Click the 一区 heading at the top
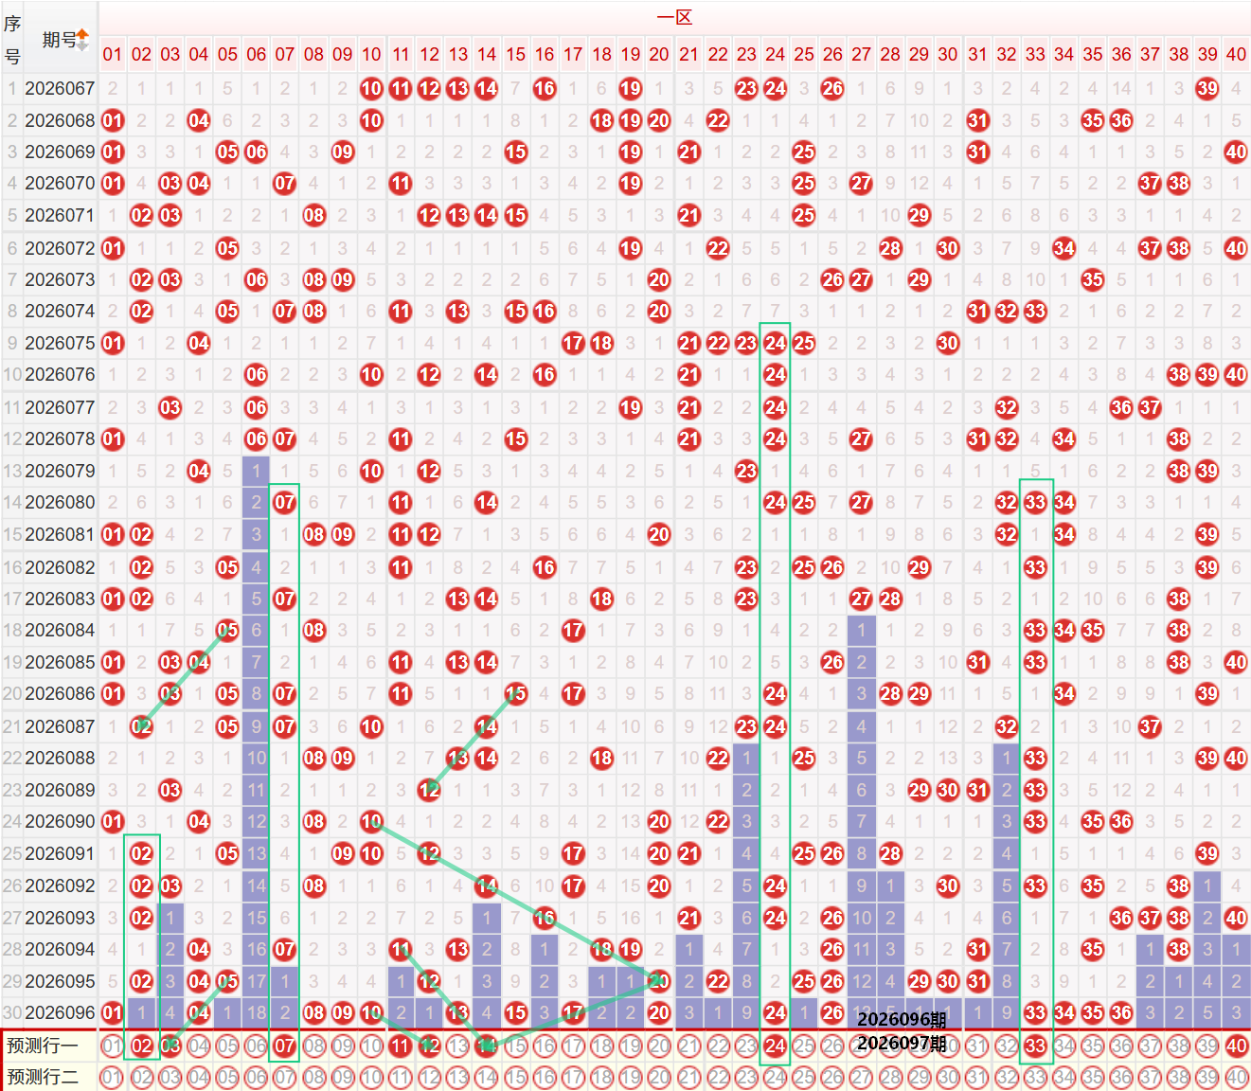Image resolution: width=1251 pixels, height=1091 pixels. coord(674,17)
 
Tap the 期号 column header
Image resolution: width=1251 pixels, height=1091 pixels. coord(59,40)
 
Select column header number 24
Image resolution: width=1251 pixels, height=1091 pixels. coord(775,54)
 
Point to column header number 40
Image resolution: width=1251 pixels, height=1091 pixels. coord(1235,54)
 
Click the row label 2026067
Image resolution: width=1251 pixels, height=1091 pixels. coord(60,88)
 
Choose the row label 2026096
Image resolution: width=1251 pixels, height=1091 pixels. coord(60,1012)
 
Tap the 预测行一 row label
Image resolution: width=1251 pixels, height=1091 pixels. coord(43,1046)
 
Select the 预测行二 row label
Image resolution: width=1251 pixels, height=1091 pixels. coord(43,1077)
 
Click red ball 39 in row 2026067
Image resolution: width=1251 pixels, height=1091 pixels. coord(1206,88)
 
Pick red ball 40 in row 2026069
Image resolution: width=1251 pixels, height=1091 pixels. coord(1235,152)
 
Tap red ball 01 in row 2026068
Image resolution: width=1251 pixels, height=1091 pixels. coord(113,120)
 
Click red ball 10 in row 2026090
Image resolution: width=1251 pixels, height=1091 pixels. coord(371,821)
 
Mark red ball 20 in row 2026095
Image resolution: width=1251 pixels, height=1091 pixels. coord(659,981)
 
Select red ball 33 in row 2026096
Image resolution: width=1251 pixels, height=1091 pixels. coord(1035,1012)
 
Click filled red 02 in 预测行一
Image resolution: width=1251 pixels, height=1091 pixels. coord(141,1046)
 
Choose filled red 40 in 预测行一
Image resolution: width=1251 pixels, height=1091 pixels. coord(1235,1046)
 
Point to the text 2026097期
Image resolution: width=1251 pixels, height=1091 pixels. coord(902,1044)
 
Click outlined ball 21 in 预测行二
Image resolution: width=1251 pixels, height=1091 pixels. coord(688,1077)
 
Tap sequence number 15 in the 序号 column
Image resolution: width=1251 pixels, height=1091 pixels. coord(12,534)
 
